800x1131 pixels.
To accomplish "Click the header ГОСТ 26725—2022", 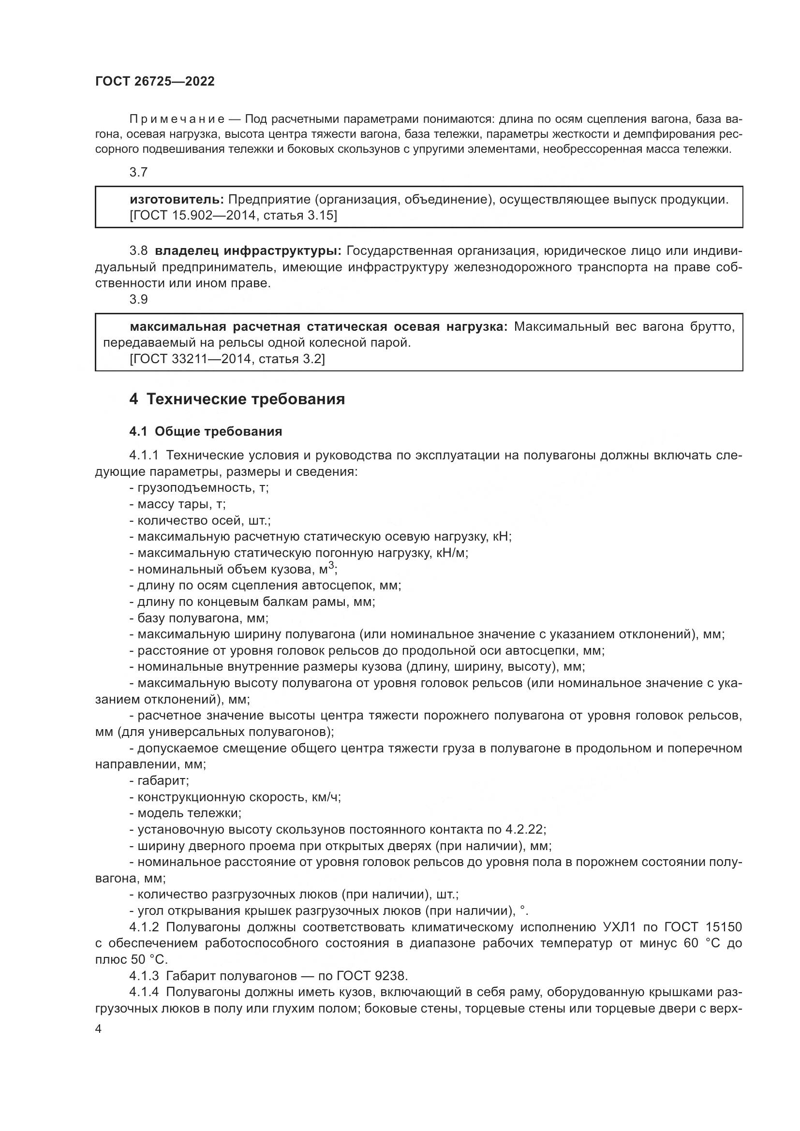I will pos(155,82).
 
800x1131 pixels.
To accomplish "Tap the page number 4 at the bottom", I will pos(99,1029).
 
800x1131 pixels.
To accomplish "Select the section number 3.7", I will pos(138,173).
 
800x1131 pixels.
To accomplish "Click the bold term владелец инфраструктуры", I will pos(248,251).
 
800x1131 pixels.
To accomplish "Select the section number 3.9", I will pos(138,299).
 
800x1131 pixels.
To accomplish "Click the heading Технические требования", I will pos(245,399).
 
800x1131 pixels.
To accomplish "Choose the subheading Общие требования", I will pos(218,431).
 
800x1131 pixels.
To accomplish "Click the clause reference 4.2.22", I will pos(525,830).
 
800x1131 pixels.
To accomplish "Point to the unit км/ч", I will pos(326,797).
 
